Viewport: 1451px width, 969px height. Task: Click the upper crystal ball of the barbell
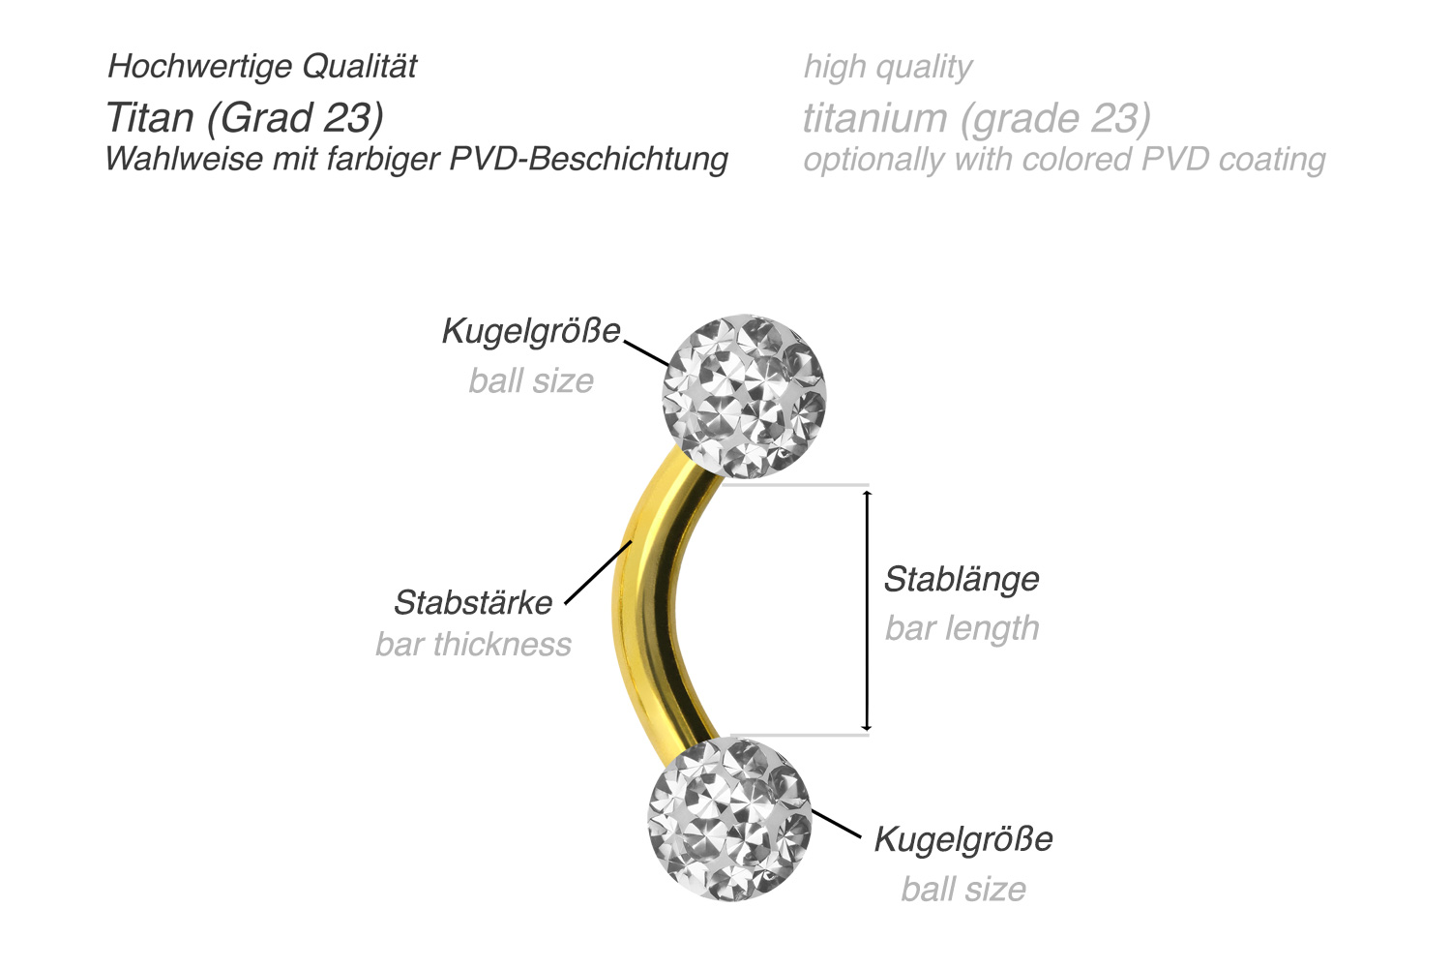(743, 397)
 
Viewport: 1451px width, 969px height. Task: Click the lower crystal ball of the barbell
(729, 819)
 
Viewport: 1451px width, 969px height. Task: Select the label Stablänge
(962, 579)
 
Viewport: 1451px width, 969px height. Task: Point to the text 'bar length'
(962, 628)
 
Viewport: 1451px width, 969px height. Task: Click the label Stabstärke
(473, 602)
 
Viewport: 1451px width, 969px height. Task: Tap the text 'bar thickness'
(473, 644)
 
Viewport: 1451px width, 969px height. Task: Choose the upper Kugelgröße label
(531, 331)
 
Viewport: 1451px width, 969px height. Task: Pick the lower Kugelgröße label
(963, 838)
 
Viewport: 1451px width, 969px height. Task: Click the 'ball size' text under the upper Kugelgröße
(531, 380)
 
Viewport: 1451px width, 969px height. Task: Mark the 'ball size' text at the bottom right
(963, 889)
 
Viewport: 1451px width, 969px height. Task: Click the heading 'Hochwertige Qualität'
(262, 66)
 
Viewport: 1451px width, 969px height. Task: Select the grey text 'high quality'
(887, 67)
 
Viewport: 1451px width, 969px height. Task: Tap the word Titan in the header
(150, 117)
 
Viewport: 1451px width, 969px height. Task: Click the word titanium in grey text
(874, 118)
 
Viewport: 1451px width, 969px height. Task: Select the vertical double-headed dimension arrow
(867, 610)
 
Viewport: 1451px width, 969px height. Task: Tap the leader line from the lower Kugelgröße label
(836, 824)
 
